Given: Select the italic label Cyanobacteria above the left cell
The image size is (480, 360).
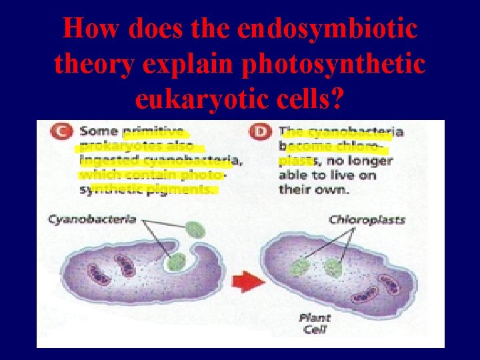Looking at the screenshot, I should click(x=92, y=219).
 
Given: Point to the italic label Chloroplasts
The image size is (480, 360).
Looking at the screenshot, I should click(x=367, y=219).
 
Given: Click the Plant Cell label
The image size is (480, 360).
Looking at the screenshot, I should click(x=314, y=324).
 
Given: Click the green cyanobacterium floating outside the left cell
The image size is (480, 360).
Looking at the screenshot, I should click(x=196, y=230).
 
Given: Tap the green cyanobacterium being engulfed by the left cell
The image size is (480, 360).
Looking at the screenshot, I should click(x=177, y=261).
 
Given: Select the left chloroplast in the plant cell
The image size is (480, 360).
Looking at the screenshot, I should click(x=299, y=268).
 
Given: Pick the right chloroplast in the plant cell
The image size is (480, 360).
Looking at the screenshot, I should click(x=333, y=268).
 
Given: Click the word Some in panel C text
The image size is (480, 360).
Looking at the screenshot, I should click(x=96, y=131).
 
